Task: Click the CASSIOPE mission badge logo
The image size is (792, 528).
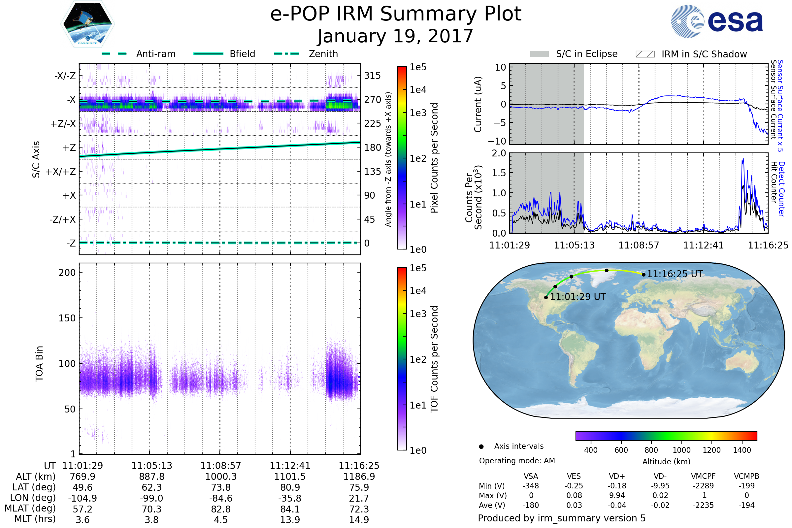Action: [x=87, y=24]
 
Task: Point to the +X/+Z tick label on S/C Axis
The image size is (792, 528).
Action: [x=61, y=172]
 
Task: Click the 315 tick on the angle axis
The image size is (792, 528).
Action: [x=372, y=76]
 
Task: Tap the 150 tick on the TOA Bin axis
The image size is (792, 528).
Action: [x=67, y=318]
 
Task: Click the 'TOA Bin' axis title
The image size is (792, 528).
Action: [x=39, y=364]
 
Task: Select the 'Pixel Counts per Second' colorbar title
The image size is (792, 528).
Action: [x=434, y=158]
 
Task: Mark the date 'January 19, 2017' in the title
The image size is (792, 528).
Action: [x=395, y=36]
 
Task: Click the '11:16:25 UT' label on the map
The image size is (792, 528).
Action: [x=675, y=274]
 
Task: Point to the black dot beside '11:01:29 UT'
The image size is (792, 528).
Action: [x=546, y=297]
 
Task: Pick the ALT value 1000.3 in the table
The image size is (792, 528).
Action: [x=220, y=477]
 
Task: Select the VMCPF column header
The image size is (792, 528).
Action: [x=703, y=477]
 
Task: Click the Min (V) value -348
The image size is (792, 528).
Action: [x=531, y=486]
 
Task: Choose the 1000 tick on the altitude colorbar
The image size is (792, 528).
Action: [x=681, y=450]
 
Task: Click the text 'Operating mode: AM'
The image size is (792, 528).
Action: [x=517, y=461]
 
